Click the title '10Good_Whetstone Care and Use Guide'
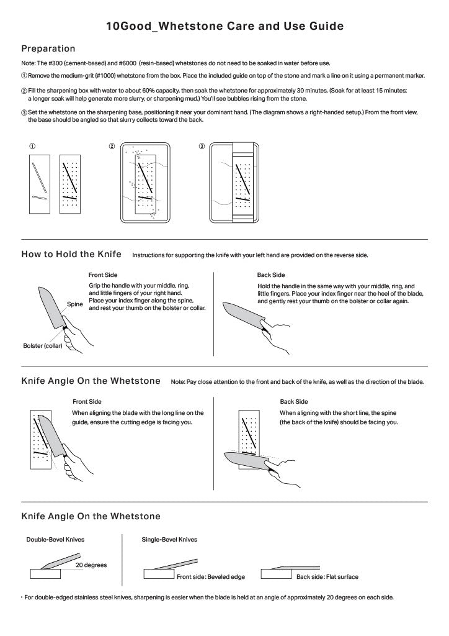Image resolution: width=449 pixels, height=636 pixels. point(225,27)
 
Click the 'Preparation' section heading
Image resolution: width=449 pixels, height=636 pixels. point(48,48)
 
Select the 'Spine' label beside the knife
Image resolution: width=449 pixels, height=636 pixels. point(75,304)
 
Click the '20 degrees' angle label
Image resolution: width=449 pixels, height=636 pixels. point(91,565)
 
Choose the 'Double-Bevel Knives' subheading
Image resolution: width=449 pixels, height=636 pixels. point(55,540)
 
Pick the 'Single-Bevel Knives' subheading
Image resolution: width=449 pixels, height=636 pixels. point(169,540)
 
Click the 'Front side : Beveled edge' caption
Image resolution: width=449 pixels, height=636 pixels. point(211,577)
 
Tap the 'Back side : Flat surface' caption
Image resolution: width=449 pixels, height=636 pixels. point(327,577)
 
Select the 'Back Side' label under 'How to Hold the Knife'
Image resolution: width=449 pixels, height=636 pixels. point(271,274)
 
